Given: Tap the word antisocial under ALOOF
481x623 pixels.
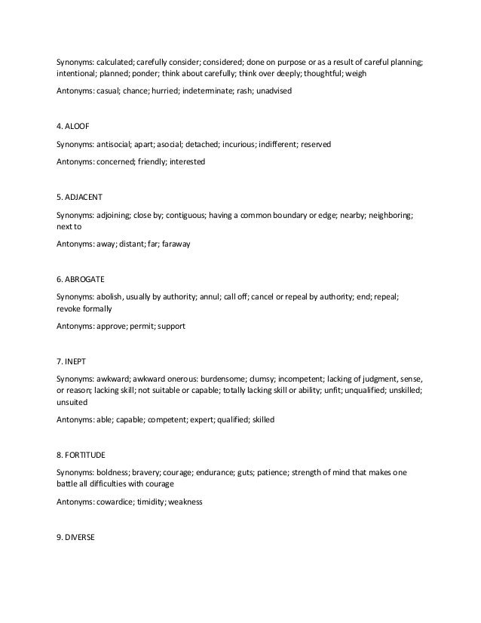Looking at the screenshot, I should coord(118,143).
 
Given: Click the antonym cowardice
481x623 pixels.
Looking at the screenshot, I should coord(117,501).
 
